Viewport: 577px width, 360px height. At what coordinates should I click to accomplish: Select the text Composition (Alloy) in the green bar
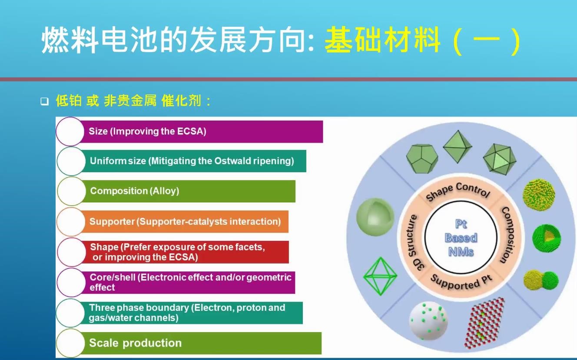click(x=134, y=191)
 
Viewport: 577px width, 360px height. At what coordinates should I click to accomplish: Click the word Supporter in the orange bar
click(x=112, y=222)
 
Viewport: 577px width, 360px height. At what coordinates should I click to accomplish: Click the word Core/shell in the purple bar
click(x=113, y=277)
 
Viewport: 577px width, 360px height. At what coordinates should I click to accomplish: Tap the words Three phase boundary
click(x=139, y=308)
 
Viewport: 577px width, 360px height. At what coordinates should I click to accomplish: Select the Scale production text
click(x=135, y=343)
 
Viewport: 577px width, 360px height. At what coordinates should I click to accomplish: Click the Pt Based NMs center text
click(x=461, y=238)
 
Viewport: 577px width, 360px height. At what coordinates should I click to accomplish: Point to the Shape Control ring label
click(x=458, y=191)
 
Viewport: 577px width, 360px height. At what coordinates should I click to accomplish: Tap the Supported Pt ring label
click(x=461, y=282)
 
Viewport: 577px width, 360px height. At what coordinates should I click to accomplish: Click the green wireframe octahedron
click(x=380, y=276)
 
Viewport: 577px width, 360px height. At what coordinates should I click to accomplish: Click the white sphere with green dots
click(x=428, y=320)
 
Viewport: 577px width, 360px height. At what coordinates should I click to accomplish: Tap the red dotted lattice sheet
click(x=484, y=323)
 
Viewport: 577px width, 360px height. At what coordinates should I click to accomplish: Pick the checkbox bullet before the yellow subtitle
click(x=45, y=101)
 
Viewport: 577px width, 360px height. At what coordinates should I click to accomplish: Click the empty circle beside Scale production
click(x=70, y=343)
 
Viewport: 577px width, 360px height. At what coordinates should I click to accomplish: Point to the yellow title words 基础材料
click(x=382, y=40)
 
